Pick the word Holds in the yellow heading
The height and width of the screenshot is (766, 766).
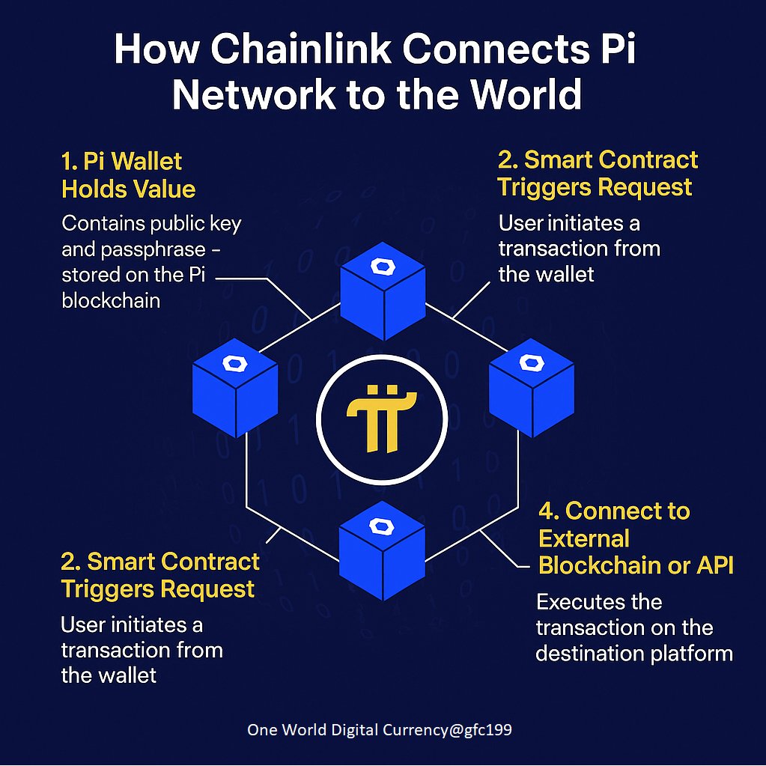[x=94, y=189]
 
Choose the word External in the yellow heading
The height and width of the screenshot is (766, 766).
[x=584, y=538]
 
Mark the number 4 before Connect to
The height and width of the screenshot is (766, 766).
[x=547, y=511]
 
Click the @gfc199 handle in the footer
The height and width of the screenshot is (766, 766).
[x=477, y=729]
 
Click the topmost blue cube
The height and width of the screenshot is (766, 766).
[x=383, y=282]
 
